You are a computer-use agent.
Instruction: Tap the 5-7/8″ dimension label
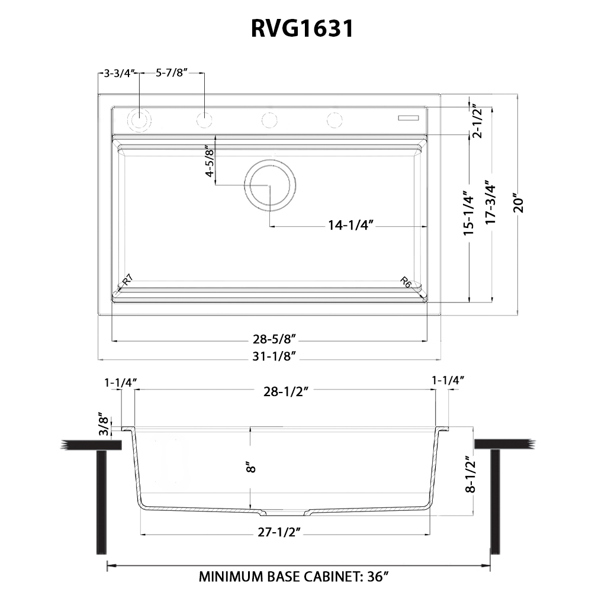[x=171, y=73]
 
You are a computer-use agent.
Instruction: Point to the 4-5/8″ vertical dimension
[x=209, y=162]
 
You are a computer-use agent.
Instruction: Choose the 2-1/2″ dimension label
[x=477, y=121]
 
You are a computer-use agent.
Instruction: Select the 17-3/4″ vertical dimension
[x=490, y=201]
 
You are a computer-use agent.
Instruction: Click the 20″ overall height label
[x=519, y=203]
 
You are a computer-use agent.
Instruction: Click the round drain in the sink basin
[x=270, y=184]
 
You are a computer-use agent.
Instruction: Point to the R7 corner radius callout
[x=127, y=281]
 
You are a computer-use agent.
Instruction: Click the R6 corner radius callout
[x=406, y=282]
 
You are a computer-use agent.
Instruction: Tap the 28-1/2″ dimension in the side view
[x=287, y=390]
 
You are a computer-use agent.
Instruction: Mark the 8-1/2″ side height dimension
[x=471, y=474]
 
